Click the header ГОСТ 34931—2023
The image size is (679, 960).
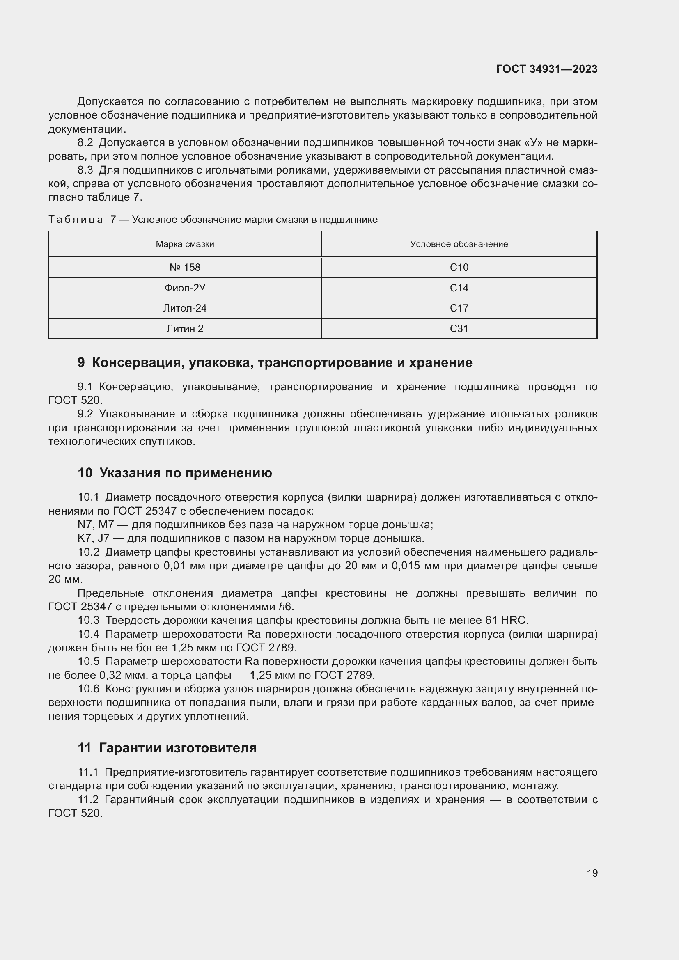[546, 69]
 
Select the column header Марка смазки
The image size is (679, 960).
[185, 244]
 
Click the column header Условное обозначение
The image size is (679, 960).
[459, 244]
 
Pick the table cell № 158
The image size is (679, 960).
[185, 268]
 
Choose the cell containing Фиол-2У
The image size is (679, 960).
[185, 288]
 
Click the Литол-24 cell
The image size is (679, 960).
[185, 308]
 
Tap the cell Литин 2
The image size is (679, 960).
[185, 329]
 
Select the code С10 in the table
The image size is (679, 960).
[459, 268]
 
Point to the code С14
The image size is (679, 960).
[459, 288]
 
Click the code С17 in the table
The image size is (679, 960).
[459, 308]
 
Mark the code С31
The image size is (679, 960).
[459, 329]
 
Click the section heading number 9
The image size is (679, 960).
[81, 362]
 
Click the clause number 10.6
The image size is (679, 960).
[88, 689]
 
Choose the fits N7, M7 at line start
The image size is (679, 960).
[96, 525]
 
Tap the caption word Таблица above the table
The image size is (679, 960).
[75, 220]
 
